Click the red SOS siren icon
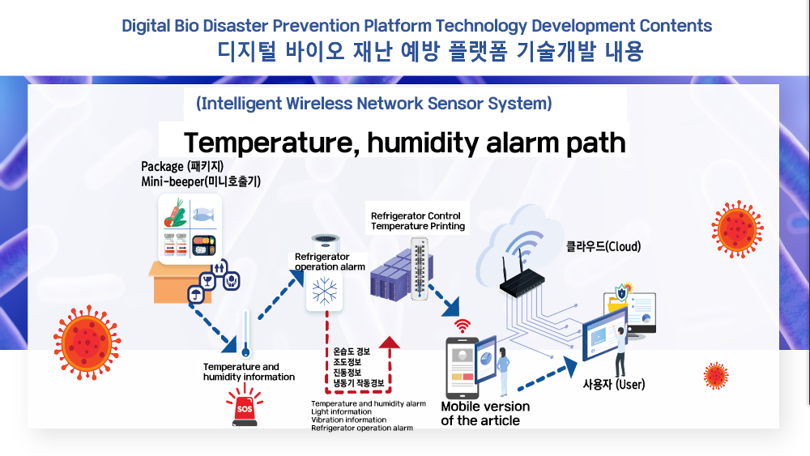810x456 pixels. click(x=245, y=406)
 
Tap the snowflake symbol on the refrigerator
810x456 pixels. click(x=325, y=291)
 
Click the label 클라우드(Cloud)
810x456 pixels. click(x=603, y=246)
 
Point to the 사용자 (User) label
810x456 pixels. click(x=614, y=384)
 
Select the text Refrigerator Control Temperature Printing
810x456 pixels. click(x=417, y=221)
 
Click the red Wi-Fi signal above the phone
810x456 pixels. click(x=463, y=326)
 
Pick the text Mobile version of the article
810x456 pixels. click(x=485, y=414)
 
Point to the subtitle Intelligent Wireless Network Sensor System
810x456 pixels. click(x=373, y=104)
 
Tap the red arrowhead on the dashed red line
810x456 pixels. click(x=389, y=343)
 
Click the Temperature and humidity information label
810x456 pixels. click(x=249, y=372)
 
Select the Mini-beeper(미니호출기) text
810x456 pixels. click(x=201, y=181)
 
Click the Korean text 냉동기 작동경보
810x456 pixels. click(x=359, y=383)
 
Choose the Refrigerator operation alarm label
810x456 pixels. click(x=330, y=262)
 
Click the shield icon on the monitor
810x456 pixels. click(x=621, y=293)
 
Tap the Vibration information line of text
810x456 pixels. click(x=348, y=420)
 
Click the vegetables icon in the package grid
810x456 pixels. click(x=175, y=213)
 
